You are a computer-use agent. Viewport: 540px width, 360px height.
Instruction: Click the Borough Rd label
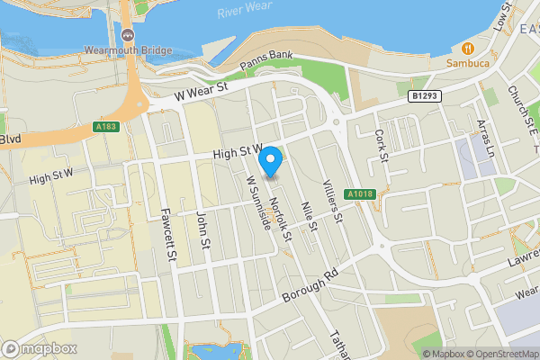(x=308, y=285)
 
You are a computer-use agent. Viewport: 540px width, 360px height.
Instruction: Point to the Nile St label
(x=309, y=212)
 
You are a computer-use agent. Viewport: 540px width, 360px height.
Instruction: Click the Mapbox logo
(x=39, y=348)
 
